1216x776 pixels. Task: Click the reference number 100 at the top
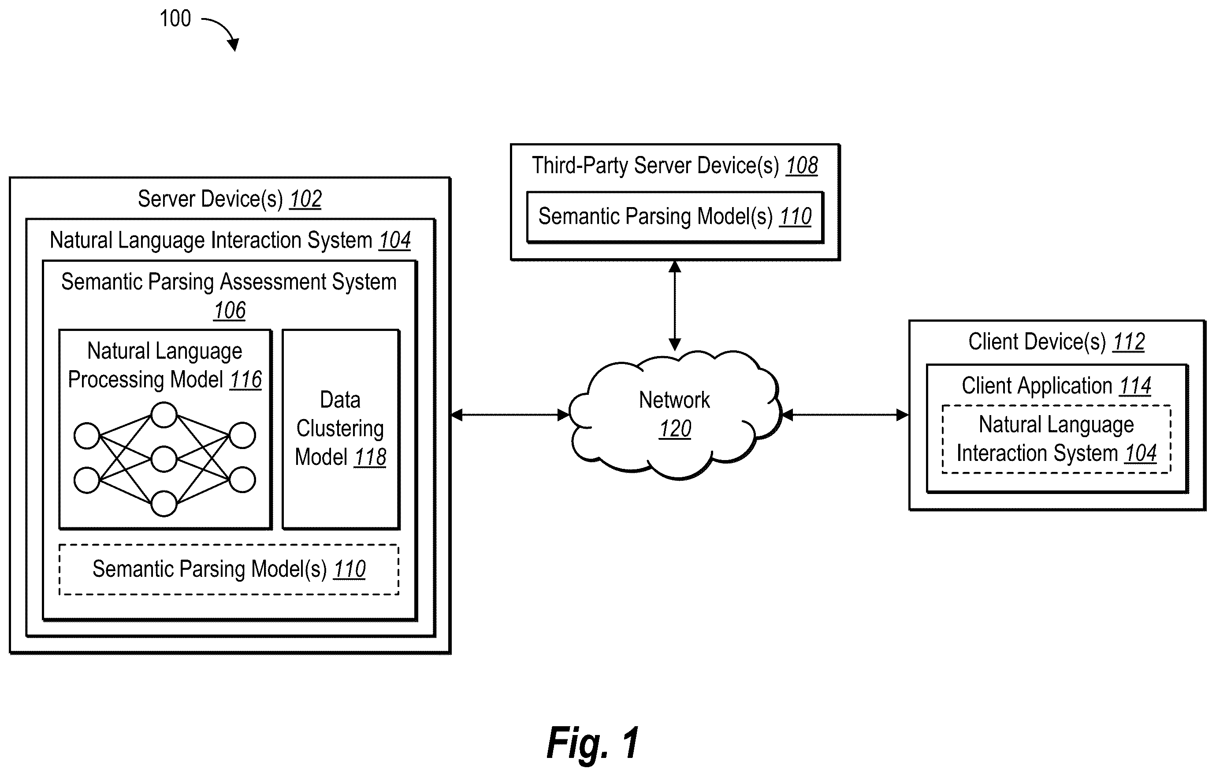point(175,19)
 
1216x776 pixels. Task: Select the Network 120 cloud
point(675,415)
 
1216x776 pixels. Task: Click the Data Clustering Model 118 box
point(342,430)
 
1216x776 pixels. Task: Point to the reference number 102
point(305,199)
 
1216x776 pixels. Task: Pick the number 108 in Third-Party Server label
point(802,166)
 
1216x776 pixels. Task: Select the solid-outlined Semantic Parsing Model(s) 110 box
point(675,218)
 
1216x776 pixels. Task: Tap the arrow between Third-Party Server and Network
point(675,305)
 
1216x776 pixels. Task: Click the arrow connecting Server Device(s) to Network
point(510,415)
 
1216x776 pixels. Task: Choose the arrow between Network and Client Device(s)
point(845,415)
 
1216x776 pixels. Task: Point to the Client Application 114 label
point(1056,386)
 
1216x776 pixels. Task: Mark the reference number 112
point(1129,342)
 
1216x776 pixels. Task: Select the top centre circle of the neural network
point(164,416)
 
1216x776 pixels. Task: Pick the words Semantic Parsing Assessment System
point(229,282)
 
